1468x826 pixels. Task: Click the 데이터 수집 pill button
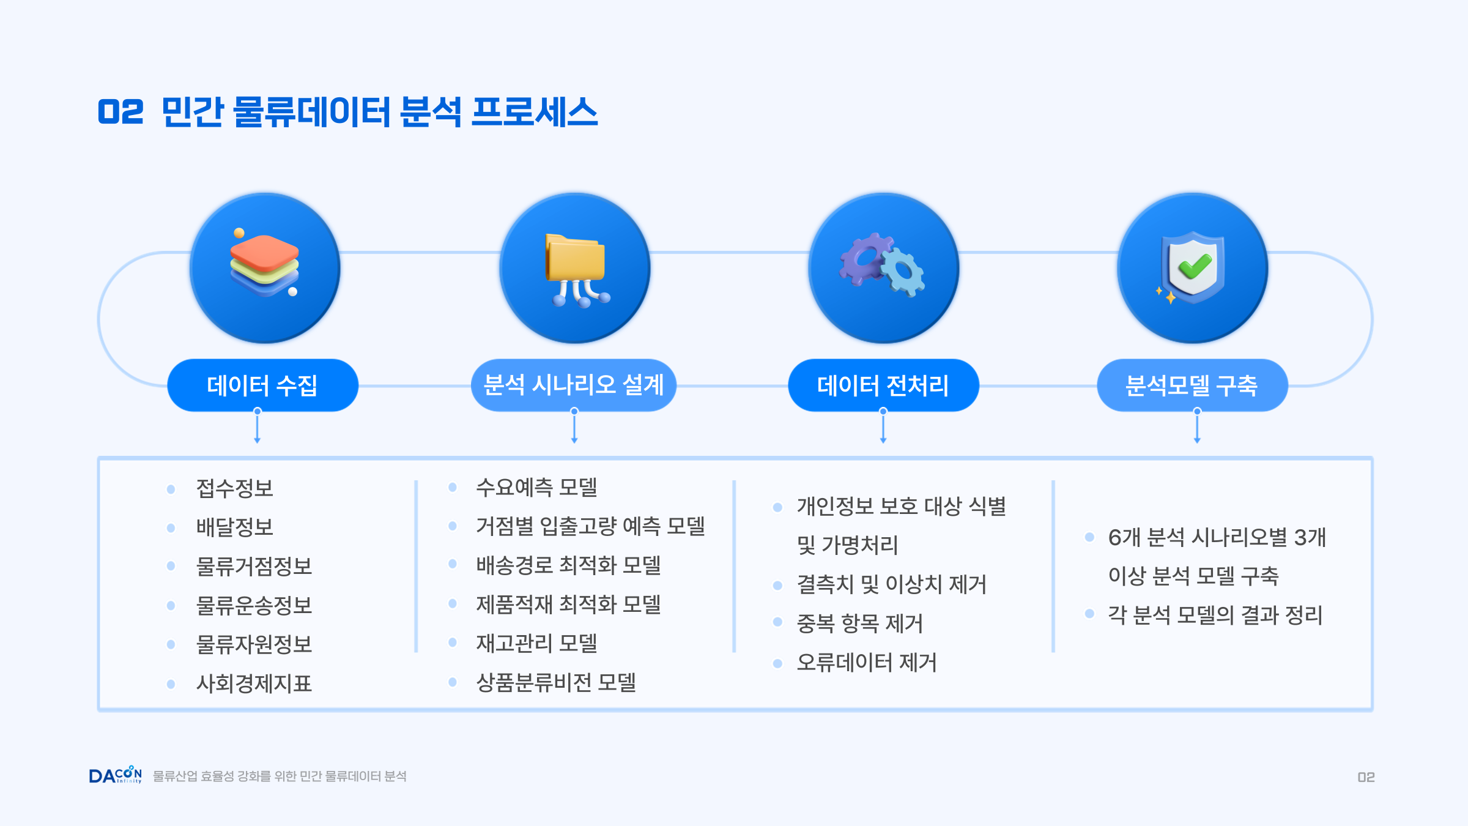262,385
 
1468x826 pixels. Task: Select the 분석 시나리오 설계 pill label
574,385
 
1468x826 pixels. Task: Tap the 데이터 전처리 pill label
883,385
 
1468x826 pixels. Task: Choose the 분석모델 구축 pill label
1192,385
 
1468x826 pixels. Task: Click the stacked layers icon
265,264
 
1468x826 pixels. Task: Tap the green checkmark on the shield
1195,266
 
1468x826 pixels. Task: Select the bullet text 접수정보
235,488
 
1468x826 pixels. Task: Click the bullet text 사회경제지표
254,683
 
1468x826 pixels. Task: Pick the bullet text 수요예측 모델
536,487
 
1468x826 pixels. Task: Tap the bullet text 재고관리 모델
536,643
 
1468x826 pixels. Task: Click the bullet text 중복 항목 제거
859,623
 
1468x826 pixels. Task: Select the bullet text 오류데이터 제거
867,663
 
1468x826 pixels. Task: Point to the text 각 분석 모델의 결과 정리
1215,615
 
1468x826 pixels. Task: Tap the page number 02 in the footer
1366,777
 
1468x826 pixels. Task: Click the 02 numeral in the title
120,112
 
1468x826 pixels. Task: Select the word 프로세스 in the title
535,112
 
